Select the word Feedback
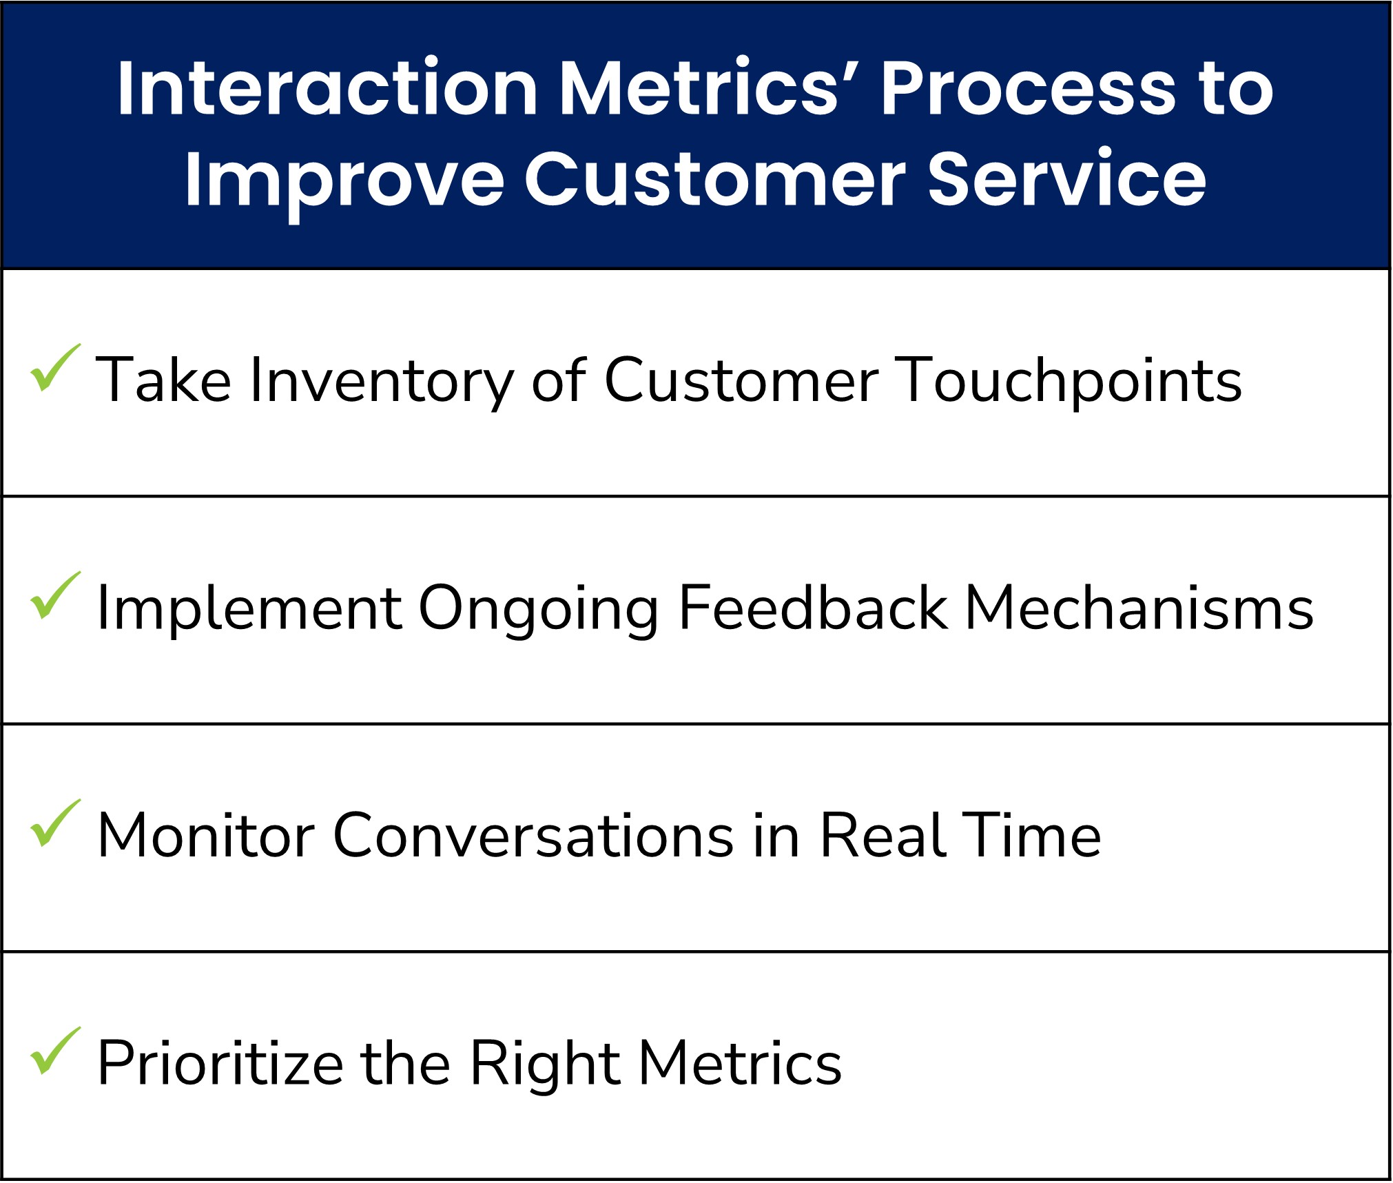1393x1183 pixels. (x=813, y=608)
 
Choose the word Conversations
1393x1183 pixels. (x=534, y=836)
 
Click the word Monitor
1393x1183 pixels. (x=207, y=836)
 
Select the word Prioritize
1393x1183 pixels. (x=220, y=1064)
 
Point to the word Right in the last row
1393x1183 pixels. (x=544, y=1064)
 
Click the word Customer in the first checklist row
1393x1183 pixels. (x=741, y=380)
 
